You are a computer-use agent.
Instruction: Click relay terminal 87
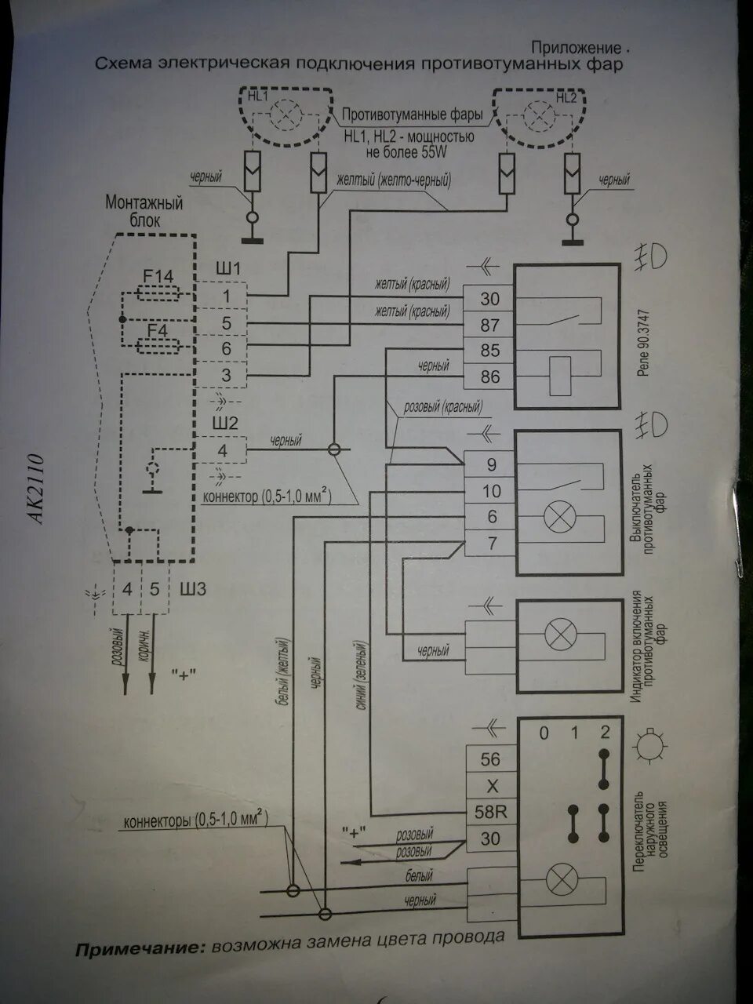[x=489, y=325]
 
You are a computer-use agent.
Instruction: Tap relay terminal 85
[x=489, y=351]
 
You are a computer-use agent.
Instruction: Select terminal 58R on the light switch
[x=491, y=812]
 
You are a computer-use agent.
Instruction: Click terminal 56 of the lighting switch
[x=490, y=759]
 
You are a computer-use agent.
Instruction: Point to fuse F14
[x=158, y=293]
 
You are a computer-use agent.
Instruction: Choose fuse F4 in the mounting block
[x=158, y=346]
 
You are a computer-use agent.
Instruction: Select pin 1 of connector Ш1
[x=226, y=296]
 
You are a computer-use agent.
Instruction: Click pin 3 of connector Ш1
[x=226, y=376]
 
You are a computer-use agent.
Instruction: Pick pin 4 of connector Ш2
[x=223, y=451]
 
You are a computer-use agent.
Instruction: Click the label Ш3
[x=193, y=588]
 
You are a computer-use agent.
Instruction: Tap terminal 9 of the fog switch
[x=492, y=465]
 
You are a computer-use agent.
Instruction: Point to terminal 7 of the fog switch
[x=492, y=543]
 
